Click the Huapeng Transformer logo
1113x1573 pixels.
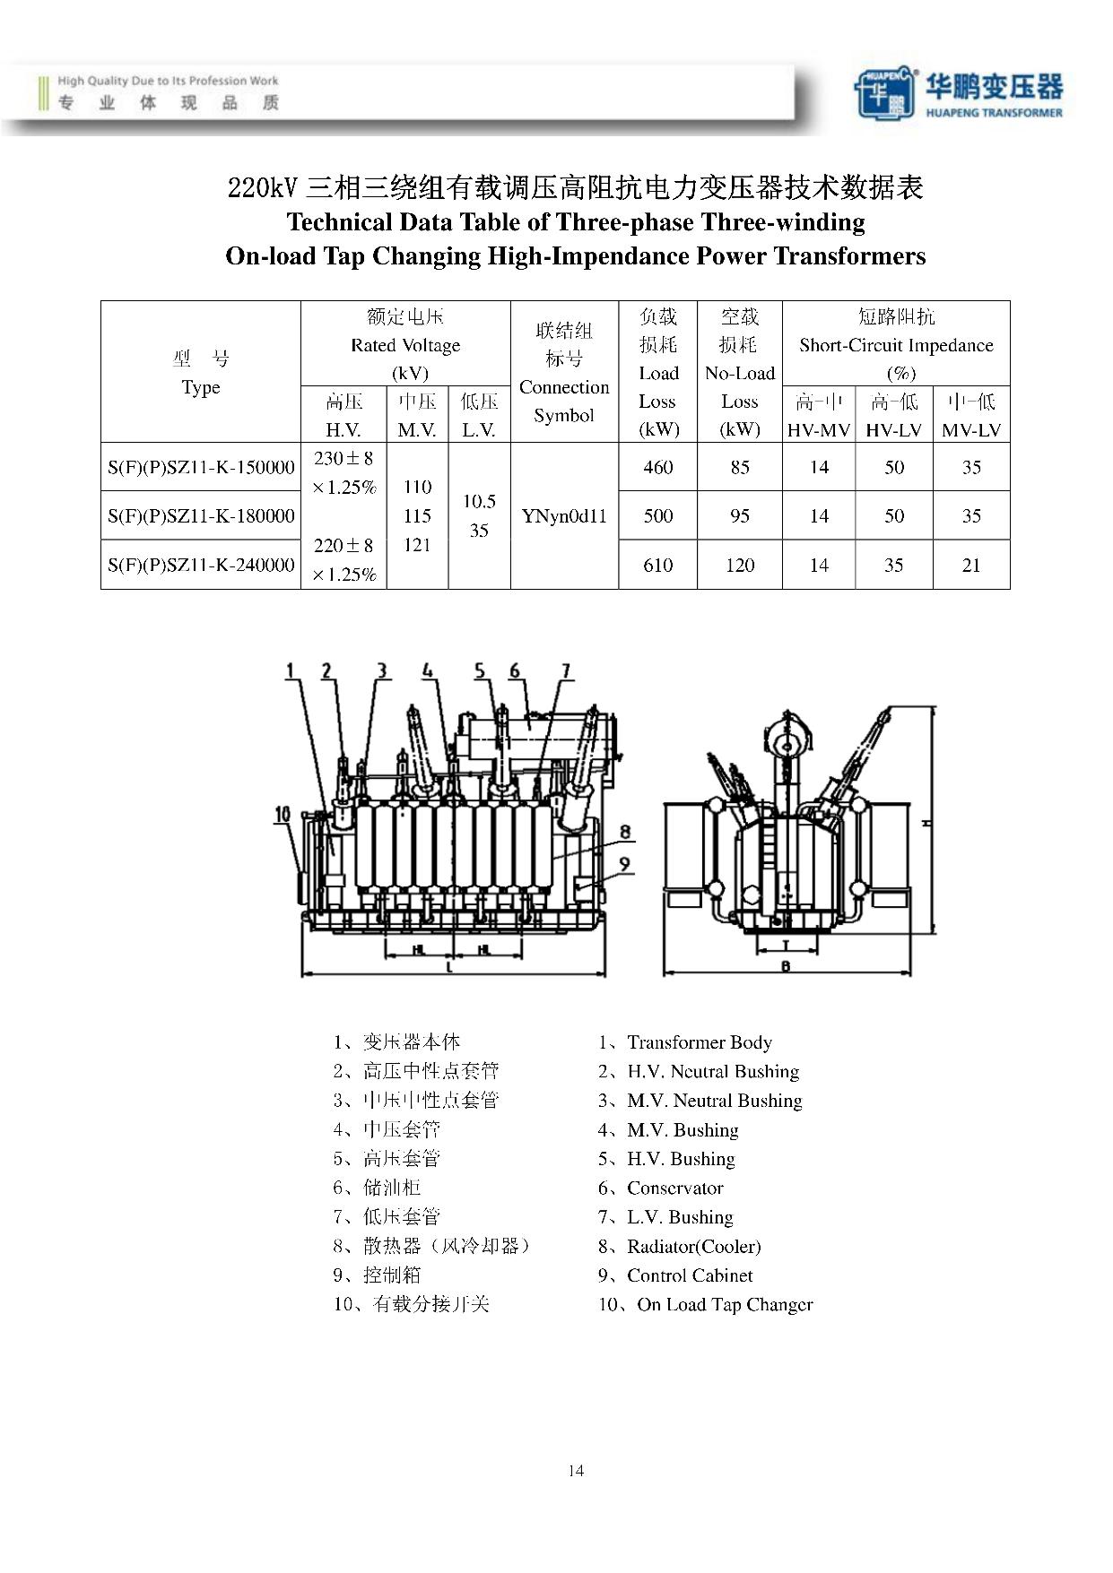coord(957,92)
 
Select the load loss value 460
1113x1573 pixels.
coord(657,467)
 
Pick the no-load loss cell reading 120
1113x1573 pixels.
coord(739,565)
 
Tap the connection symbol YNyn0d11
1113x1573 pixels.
coord(564,516)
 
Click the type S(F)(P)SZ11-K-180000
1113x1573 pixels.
coord(201,516)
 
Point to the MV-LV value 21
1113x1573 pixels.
coord(970,565)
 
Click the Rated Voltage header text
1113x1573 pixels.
coord(405,345)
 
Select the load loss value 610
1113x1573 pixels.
coord(657,565)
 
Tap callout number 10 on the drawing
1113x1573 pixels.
coord(283,815)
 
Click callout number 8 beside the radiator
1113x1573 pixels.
coord(625,832)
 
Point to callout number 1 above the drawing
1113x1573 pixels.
coord(290,670)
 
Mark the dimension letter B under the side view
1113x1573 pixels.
coord(786,967)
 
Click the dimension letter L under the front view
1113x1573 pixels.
coord(449,968)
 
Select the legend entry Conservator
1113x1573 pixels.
coord(674,1188)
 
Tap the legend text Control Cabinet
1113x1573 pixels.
coord(690,1275)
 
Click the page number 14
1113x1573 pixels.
coord(576,1470)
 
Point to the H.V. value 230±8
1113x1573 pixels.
coord(343,459)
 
